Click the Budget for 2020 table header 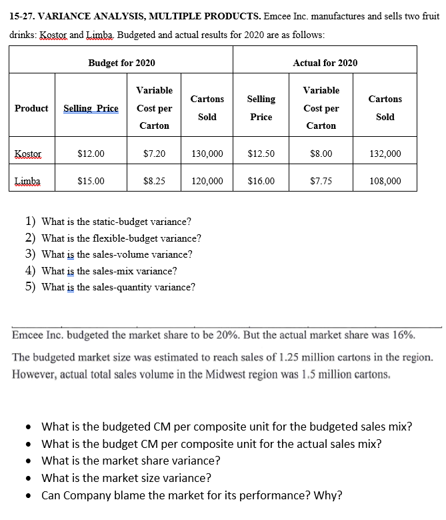point(121,63)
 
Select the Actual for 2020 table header point(325,63)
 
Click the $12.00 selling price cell point(91,154)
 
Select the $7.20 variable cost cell point(154,154)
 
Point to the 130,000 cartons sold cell point(207,154)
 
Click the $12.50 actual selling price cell point(260,154)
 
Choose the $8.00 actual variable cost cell point(321,154)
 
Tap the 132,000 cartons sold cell point(385,154)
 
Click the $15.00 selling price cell point(91,180)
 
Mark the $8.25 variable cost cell point(154,180)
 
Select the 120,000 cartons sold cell point(207,180)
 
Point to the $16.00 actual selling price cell point(260,180)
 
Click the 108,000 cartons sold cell point(385,180)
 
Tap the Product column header point(31,108)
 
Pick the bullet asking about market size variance point(127,478)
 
